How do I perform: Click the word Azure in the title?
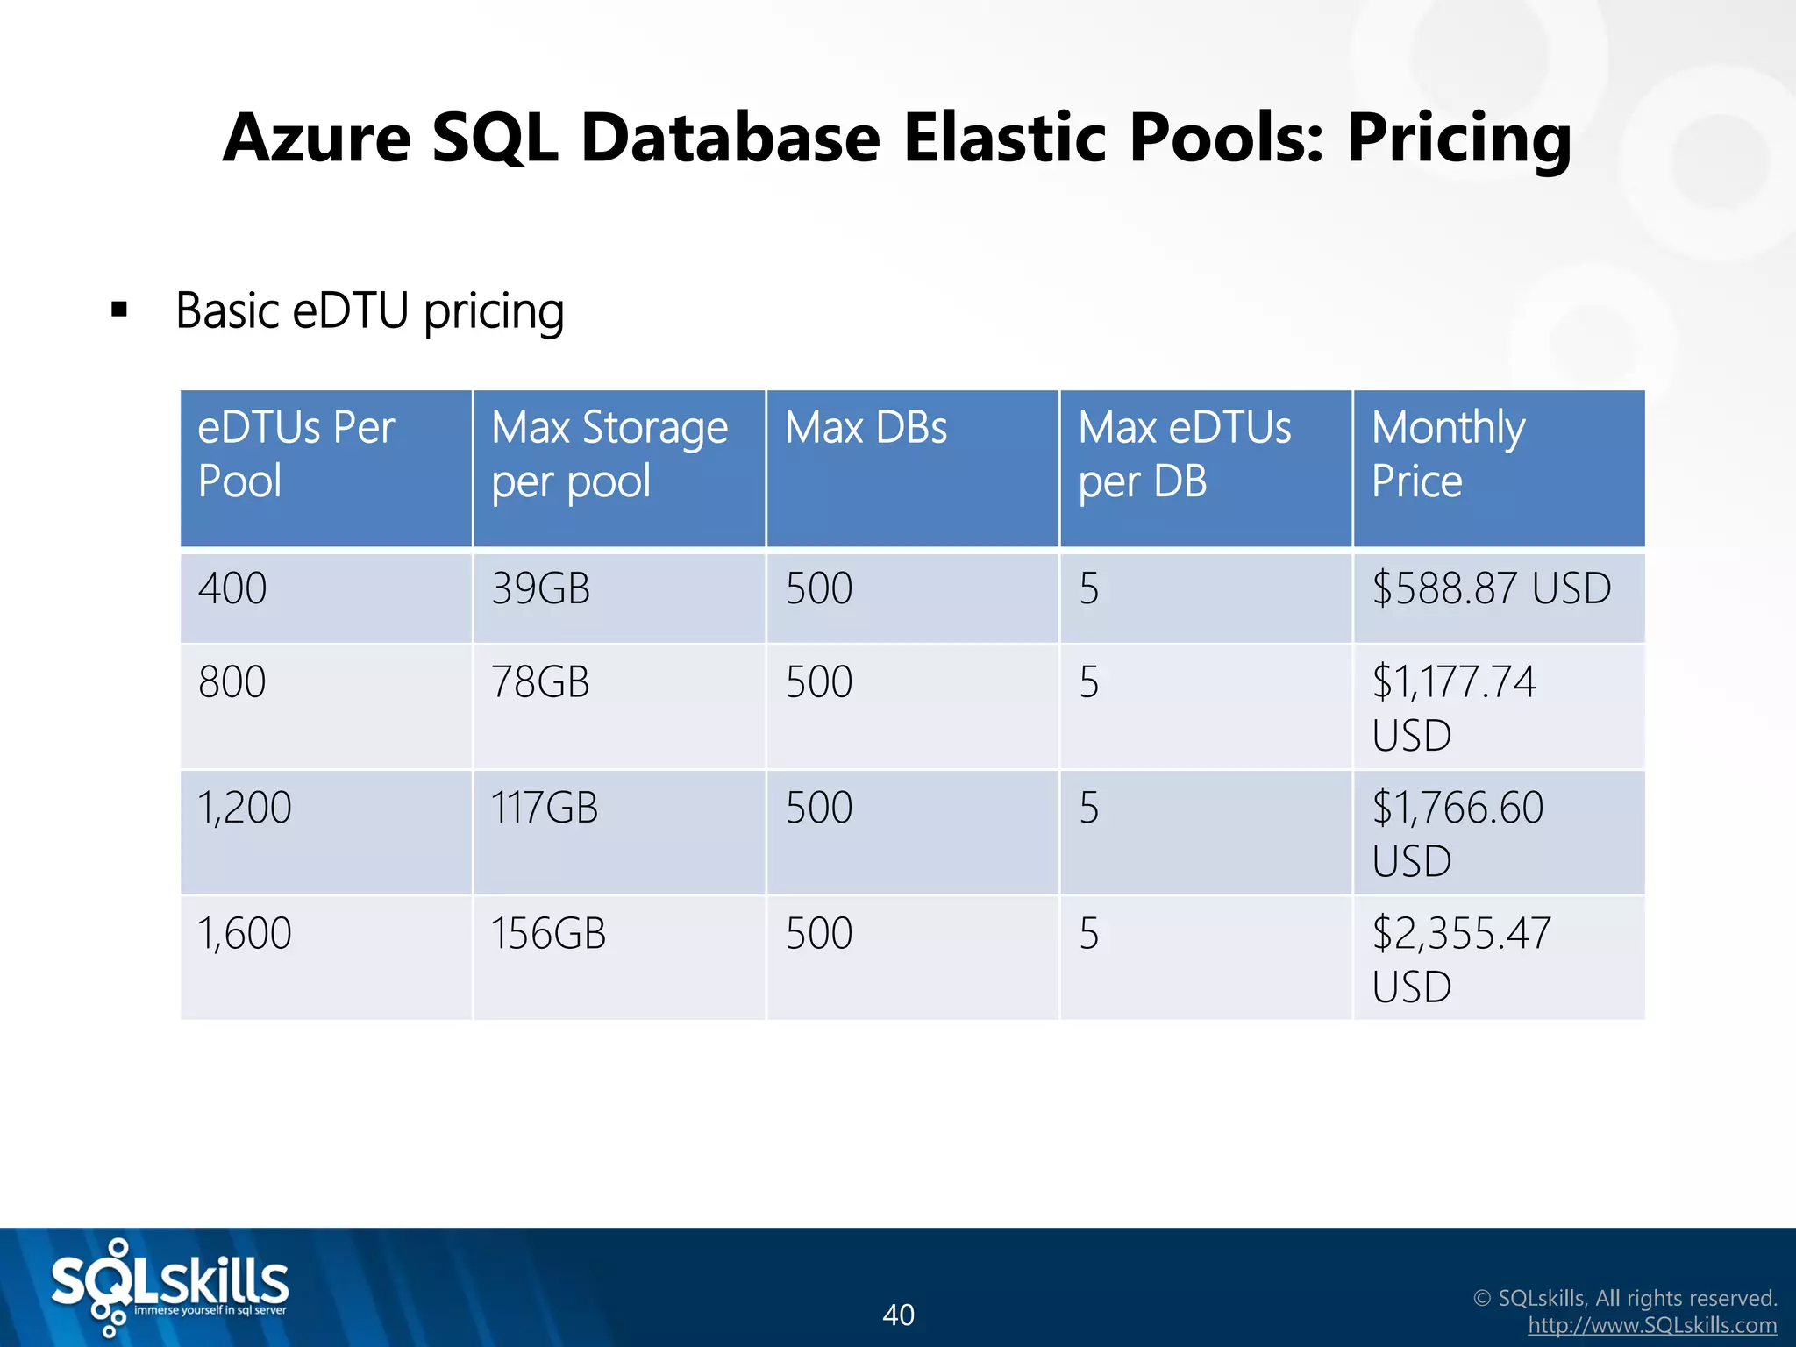(317, 139)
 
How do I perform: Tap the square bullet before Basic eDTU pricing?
(119, 310)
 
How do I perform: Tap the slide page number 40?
(898, 1315)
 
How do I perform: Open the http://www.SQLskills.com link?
(1652, 1326)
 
